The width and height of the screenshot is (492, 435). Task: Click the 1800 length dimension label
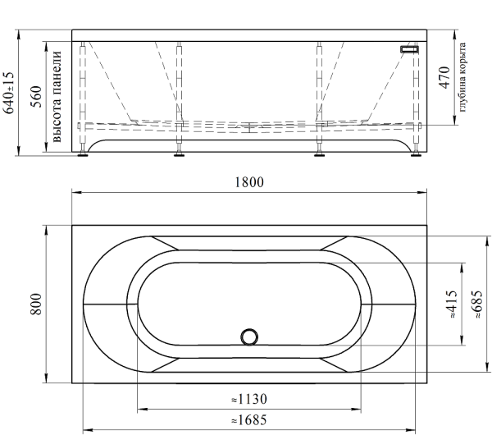pos(249,182)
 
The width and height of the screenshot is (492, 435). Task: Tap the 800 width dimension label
pos(36,304)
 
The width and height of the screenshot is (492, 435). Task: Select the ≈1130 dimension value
pos(249,399)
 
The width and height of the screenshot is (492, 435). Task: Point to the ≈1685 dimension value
pos(249,420)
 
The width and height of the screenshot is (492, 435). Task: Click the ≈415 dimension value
pos(452,304)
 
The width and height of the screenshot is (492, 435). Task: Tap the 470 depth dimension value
pos(444,78)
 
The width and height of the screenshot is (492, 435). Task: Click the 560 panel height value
pos(36,96)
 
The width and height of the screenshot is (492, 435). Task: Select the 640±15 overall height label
pos(8,93)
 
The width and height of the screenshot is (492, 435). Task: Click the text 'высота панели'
pos(57,96)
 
